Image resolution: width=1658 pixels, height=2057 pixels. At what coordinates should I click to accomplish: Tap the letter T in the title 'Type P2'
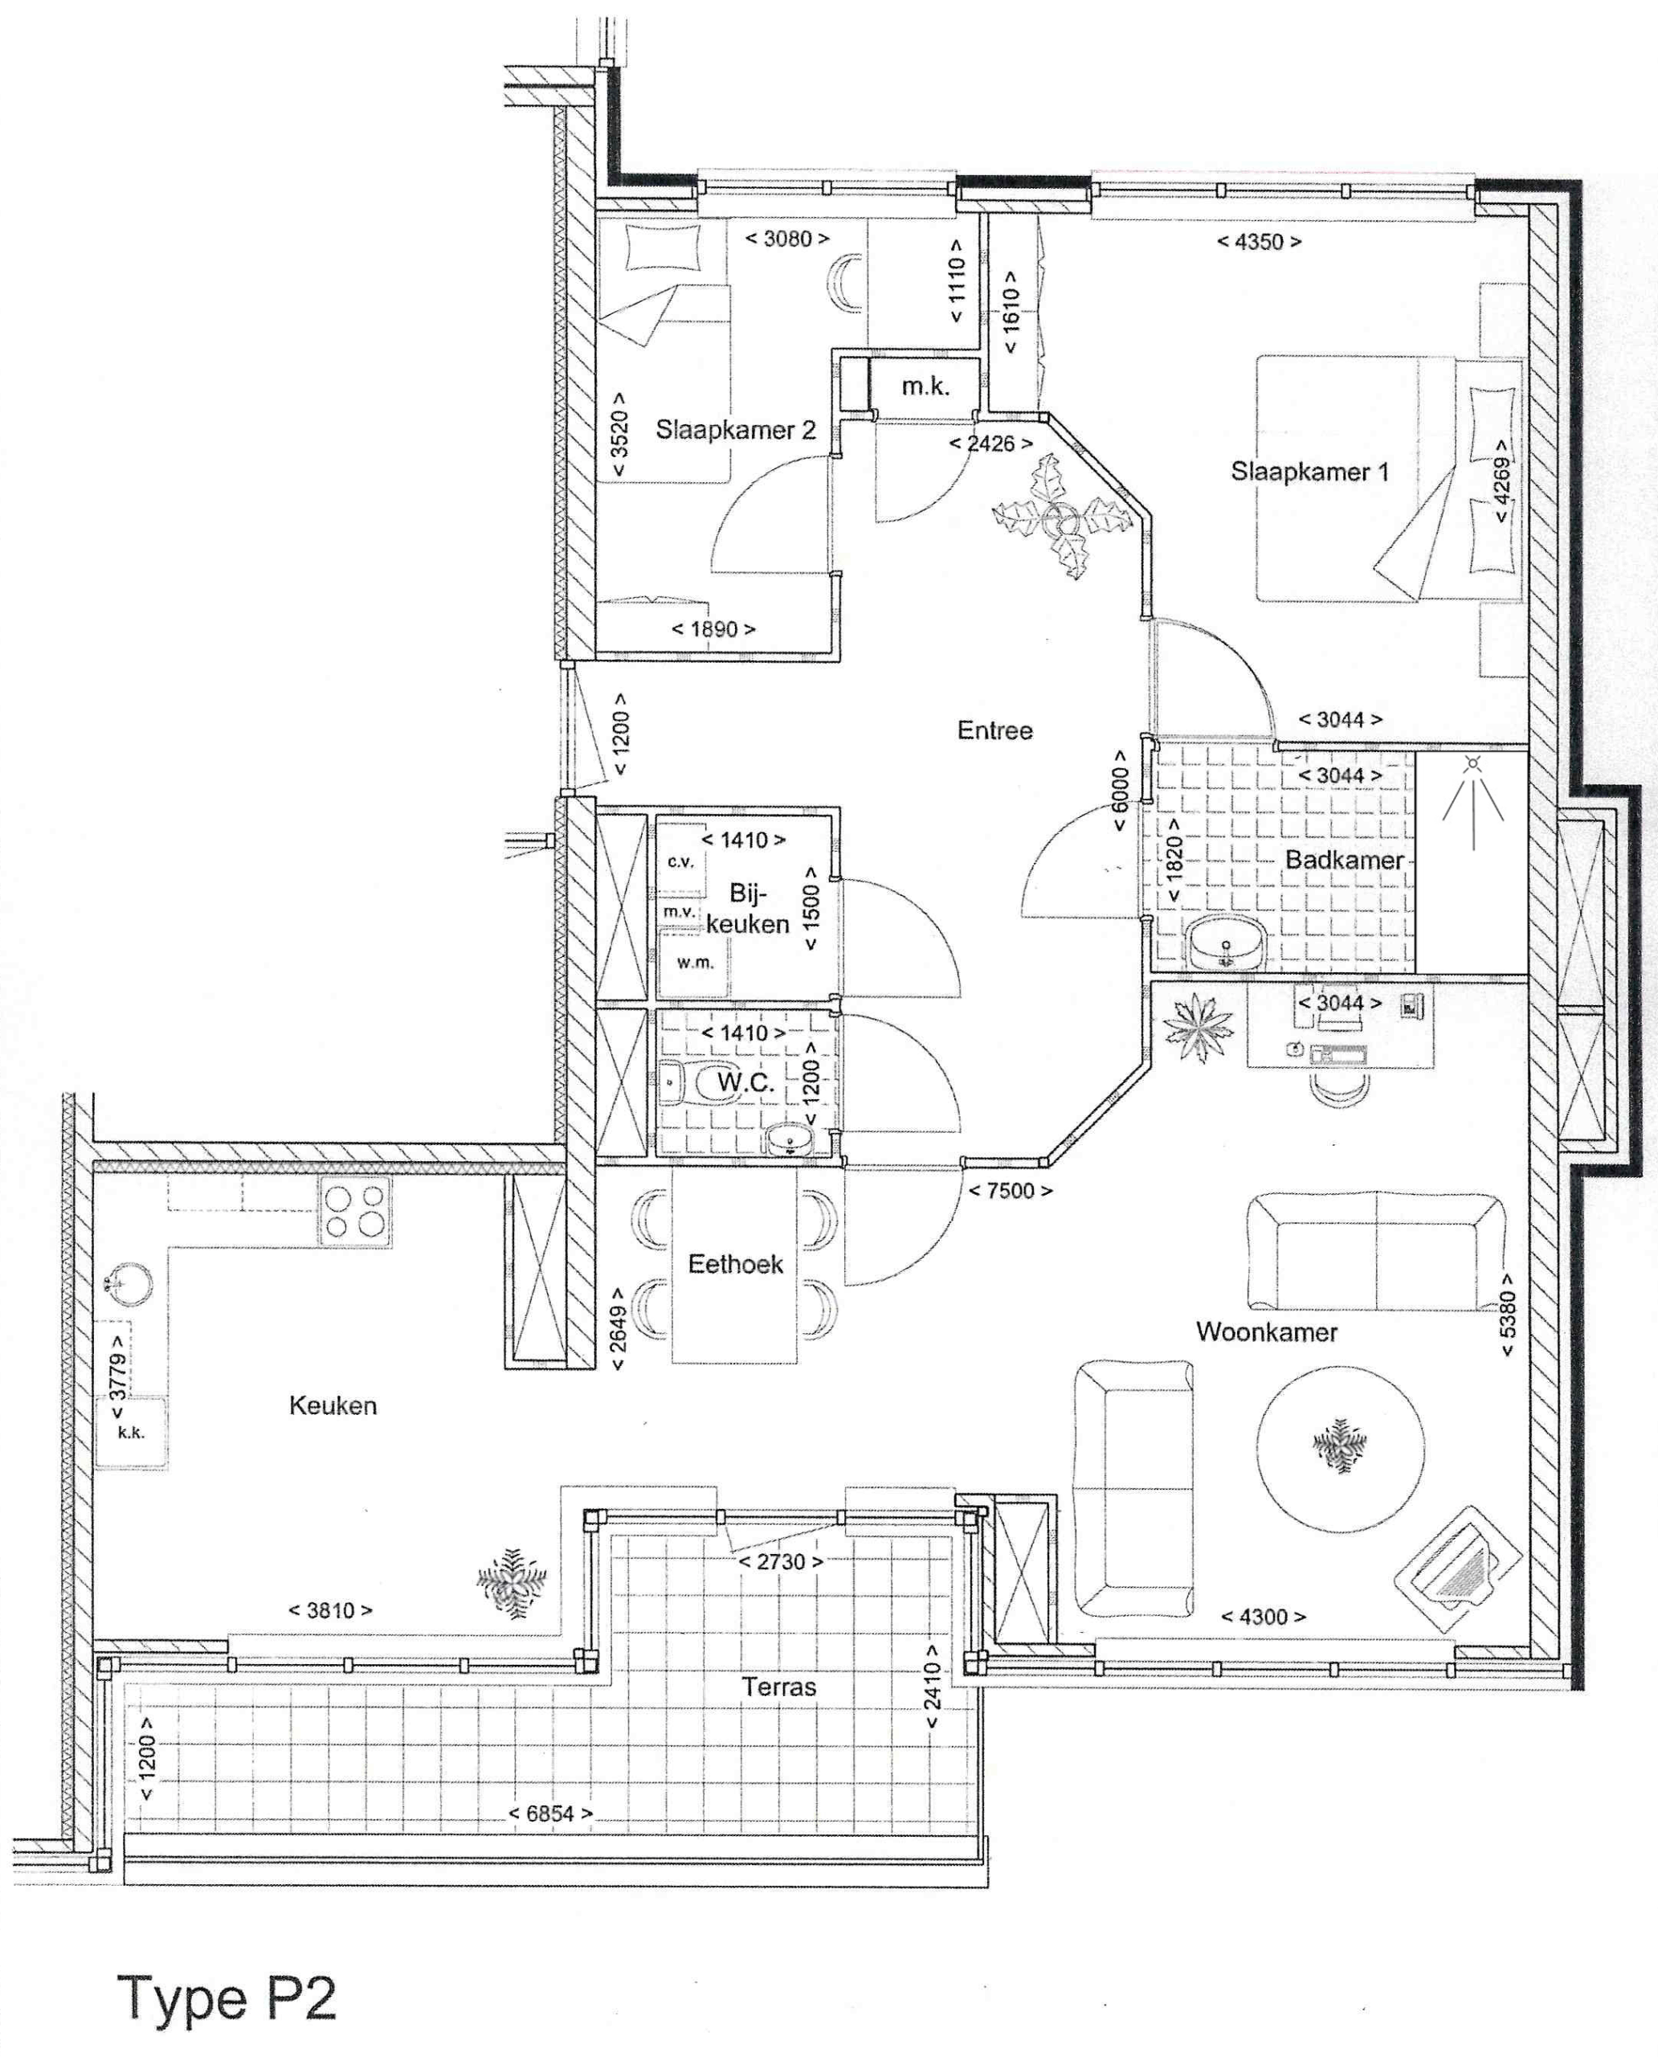point(140,1997)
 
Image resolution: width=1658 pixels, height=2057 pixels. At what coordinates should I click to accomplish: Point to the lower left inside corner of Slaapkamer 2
point(597,652)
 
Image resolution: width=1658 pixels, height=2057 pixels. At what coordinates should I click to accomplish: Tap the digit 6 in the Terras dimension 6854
point(533,1814)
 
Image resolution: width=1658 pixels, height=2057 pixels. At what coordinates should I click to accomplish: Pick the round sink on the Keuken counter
point(127,1283)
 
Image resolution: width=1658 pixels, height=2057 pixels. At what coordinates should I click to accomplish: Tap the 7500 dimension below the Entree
point(1011,1191)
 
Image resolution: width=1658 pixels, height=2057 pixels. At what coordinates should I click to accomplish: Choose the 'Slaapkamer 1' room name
point(1309,471)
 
